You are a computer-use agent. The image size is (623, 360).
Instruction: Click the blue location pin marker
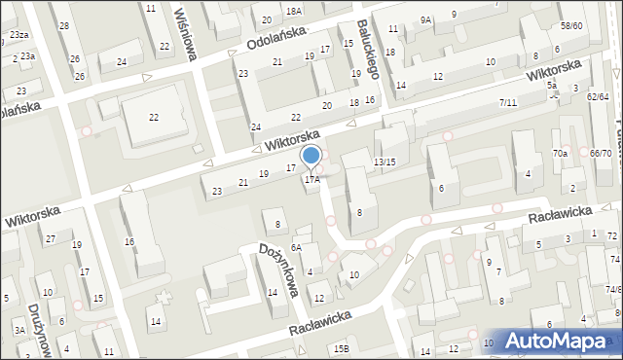tap(311, 157)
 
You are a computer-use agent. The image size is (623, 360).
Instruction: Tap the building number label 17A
tap(311, 179)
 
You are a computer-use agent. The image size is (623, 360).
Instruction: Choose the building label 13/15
tap(385, 162)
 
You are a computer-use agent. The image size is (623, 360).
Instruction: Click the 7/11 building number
tap(507, 102)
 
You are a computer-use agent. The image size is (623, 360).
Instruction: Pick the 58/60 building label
tap(571, 25)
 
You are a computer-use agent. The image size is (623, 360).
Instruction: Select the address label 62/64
tap(598, 96)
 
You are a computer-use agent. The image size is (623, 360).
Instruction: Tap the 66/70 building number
tap(601, 153)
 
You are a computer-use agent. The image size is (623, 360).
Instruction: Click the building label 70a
tap(560, 154)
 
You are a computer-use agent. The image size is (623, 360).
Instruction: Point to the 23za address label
tap(19, 34)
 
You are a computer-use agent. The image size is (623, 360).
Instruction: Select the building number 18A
tap(294, 10)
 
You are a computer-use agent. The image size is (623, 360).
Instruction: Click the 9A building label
tap(425, 19)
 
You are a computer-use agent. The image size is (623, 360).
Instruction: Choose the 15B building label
tap(341, 348)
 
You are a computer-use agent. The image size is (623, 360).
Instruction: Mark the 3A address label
tap(18, 331)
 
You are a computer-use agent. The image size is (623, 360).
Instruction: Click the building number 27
tap(50, 238)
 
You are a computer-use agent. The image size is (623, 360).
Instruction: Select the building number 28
tap(64, 25)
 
